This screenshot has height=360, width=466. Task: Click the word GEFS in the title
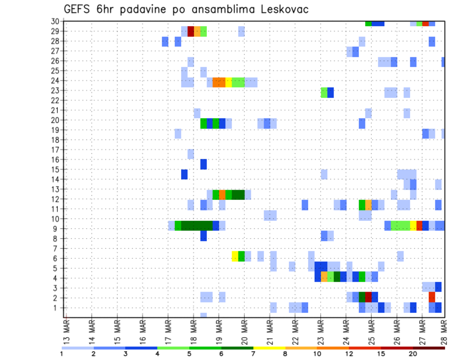80,10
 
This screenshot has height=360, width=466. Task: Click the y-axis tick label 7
57,248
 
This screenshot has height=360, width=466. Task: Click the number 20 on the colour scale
413,354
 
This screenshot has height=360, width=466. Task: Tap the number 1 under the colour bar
62,354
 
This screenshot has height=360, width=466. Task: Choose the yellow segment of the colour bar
269,348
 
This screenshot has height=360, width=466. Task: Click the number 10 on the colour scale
317,354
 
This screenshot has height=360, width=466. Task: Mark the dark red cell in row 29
191,31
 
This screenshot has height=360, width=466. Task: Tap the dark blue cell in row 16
203,164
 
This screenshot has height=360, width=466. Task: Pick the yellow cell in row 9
413,226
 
